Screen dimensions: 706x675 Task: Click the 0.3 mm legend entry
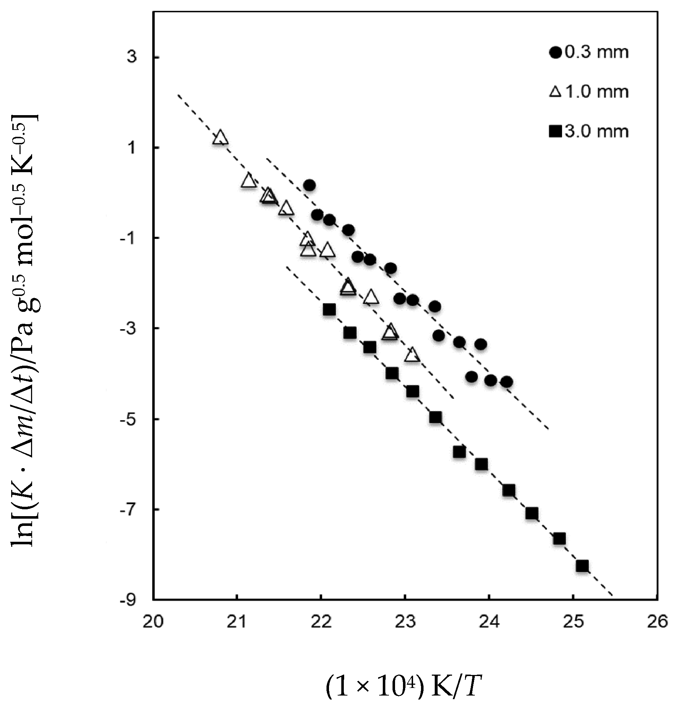[x=589, y=53]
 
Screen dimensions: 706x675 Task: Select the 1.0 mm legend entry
[x=589, y=92]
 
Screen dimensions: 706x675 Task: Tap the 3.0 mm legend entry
[x=589, y=131]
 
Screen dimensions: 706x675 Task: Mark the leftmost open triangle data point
[x=220, y=138]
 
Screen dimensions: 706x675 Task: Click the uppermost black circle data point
[x=310, y=186]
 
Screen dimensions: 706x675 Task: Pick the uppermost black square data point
[x=329, y=310]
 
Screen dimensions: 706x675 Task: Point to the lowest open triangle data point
[x=412, y=355]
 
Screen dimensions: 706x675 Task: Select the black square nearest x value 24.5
[x=532, y=513]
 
